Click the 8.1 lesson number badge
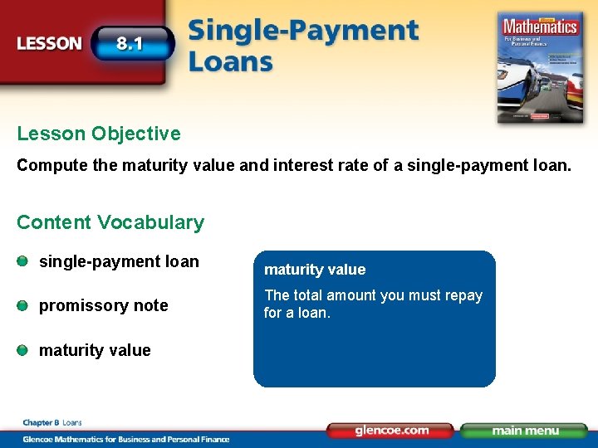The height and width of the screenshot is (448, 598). point(130,43)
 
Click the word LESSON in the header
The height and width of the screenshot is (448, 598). point(50,44)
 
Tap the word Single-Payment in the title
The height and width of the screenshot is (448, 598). point(303,32)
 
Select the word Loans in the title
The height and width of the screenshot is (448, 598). point(230,62)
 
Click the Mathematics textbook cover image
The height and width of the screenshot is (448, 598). point(540,66)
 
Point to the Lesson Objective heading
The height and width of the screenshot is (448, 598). point(98,134)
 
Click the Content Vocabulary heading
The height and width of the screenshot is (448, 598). point(110,222)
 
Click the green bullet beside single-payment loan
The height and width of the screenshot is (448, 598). point(23,262)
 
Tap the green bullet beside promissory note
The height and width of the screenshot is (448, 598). point(23,306)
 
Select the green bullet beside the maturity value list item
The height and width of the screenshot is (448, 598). point(23,350)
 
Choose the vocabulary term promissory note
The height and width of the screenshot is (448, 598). point(104,306)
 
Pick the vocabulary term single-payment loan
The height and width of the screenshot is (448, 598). point(119,262)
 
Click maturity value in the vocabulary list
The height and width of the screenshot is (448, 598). point(95,350)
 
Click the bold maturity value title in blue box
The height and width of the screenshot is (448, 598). point(314,270)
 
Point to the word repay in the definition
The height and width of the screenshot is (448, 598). point(464,296)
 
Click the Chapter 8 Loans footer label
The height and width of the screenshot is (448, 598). point(51,423)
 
